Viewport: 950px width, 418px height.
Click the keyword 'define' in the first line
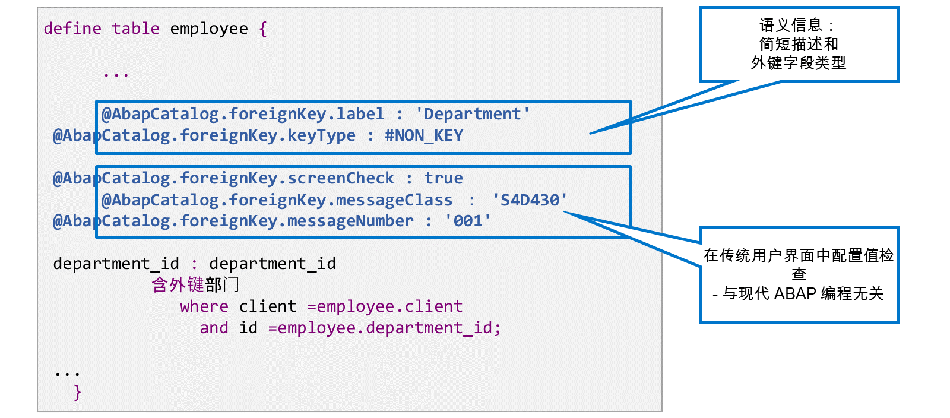click(72, 28)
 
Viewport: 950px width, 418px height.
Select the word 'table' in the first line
click(136, 28)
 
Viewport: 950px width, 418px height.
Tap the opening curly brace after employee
click(263, 29)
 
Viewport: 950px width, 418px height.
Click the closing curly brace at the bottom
click(77, 392)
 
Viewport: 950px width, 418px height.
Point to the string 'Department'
click(473, 114)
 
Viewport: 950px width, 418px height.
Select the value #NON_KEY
click(424, 135)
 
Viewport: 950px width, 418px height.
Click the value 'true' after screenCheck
click(444, 178)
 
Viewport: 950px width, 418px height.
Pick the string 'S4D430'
click(529, 199)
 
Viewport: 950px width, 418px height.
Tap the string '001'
click(467, 221)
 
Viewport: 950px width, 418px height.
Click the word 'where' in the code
click(204, 306)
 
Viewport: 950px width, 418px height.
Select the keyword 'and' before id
click(214, 328)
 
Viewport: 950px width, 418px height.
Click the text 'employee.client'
click(389, 306)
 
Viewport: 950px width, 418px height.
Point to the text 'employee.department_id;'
click(389, 328)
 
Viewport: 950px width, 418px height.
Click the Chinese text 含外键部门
click(195, 284)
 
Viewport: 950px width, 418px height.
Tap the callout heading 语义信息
click(790, 26)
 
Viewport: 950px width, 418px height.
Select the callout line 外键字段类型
click(799, 63)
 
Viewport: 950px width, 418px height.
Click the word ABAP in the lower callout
click(795, 293)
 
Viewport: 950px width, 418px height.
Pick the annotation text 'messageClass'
click(394, 200)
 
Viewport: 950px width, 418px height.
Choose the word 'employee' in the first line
click(209, 29)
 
